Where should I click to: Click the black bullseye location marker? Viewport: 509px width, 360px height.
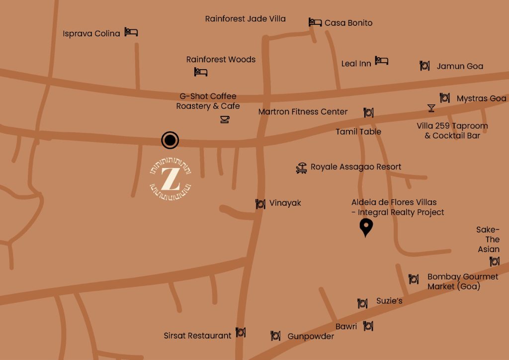click(170, 140)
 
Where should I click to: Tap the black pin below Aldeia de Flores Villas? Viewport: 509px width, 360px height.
click(366, 227)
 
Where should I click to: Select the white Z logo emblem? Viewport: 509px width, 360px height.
click(170, 179)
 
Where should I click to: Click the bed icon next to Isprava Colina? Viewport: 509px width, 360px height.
click(131, 32)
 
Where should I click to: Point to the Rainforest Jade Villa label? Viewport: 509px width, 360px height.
click(245, 19)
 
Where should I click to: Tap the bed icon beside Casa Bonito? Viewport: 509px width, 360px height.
click(315, 22)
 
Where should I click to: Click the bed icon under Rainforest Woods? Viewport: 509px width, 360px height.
click(201, 72)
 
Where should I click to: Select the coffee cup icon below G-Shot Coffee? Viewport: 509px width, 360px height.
click(225, 119)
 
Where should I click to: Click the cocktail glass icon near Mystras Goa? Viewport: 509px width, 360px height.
click(431, 108)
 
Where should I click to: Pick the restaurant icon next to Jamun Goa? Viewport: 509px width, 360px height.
click(424, 66)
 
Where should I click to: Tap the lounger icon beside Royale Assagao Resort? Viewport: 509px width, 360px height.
click(301, 168)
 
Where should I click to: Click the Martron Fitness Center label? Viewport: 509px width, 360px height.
click(303, 112)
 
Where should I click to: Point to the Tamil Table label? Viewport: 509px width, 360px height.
click(358, 132)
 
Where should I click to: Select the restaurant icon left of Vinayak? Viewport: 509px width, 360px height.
click(260, 204)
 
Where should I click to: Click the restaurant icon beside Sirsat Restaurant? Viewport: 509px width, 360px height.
click(241, 332)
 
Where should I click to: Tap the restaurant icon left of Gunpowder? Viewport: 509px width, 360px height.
click(275, 336)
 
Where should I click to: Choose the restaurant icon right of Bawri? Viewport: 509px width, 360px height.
click(368, 326)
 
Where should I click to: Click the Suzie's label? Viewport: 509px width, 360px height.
click(389, 301)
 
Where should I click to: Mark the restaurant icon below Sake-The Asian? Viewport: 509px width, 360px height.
click(494, 262)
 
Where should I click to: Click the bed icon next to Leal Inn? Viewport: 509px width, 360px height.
click(381, 61)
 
